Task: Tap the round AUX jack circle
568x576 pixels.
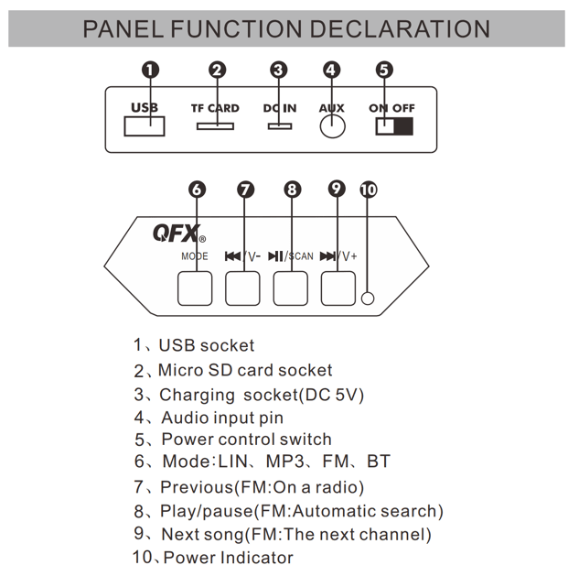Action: click(332, 125)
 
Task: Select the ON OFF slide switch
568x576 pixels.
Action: click(393, 125)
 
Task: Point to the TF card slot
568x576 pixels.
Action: click(215, 124)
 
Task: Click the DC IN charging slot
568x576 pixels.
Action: click(279, 124)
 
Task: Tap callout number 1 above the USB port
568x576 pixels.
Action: click(151, 70)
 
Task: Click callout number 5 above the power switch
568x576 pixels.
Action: click(384, 70)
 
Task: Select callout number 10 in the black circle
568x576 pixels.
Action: click(368, 190)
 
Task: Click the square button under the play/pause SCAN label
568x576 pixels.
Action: click(290, 288)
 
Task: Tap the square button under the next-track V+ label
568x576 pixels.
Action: click(338, 288)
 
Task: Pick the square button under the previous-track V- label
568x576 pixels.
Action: click(242, 288)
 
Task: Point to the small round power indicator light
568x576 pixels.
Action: click(368, 299)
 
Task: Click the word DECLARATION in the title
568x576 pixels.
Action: click(400, 28)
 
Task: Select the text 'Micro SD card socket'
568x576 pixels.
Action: click(245, 370)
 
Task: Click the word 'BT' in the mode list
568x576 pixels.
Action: click(378, 462)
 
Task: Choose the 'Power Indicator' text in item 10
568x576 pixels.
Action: click(228, 557)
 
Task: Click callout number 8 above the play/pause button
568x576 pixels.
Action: click(292, 190)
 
